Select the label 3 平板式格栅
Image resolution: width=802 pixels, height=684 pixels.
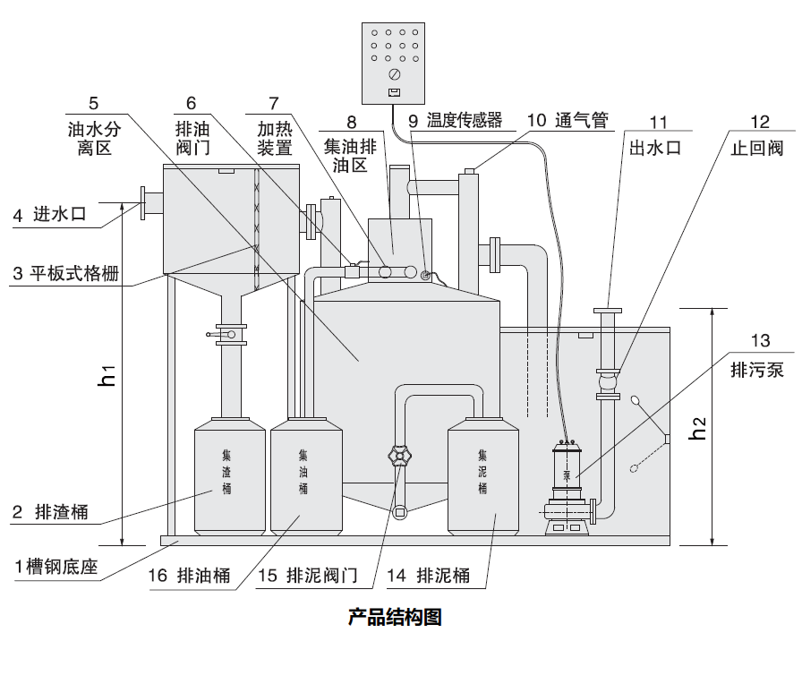pyautogui.click(x=66, y=274)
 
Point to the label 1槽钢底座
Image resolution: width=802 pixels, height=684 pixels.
pyautogui.click(x=52, y=567)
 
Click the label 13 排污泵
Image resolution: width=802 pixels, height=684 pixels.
pyautogui.click(x=760, y=355)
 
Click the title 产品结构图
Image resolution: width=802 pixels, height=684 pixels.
pyautogui.click(x=395, y=618)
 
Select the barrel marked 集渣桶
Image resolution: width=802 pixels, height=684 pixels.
pyautogui.click(x=229, y=472)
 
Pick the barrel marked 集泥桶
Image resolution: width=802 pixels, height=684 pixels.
pyautogui.click(x=483, y=472)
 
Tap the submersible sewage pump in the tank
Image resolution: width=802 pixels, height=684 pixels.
pyautogui.click(x=567, y=488)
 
